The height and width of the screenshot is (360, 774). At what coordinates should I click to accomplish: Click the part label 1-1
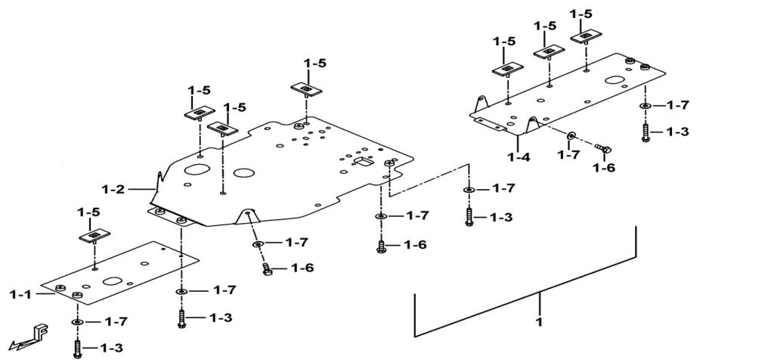(x=20, y=293)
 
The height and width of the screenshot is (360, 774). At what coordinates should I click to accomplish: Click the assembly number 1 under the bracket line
(x=540, y=323)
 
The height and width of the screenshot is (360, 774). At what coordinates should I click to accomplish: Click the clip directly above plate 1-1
(x=94, y=237)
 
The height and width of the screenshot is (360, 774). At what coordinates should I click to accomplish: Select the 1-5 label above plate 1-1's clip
(x=94, y=213)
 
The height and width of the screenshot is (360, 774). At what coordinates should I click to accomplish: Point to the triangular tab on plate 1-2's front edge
(x=246, y=216)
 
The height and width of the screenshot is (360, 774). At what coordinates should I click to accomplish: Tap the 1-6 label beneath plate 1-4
(x=605, y=167)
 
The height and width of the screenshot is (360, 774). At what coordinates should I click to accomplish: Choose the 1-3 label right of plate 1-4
(x=677, y=132)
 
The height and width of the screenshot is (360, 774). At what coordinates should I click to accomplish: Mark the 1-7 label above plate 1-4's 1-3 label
(x=677, y=104)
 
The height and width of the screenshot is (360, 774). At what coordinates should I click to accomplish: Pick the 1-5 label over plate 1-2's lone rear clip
(x=315, y=64)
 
